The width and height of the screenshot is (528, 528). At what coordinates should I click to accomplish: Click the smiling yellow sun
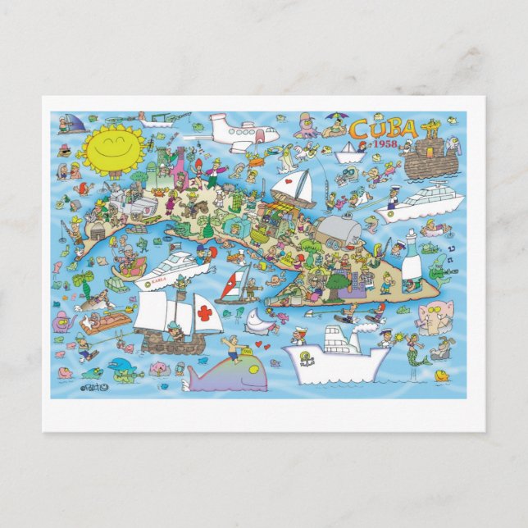click(114, 148)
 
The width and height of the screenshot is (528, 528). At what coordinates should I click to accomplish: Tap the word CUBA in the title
click(382, 130)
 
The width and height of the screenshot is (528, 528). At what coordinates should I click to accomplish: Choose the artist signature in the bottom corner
click(93, 388)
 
